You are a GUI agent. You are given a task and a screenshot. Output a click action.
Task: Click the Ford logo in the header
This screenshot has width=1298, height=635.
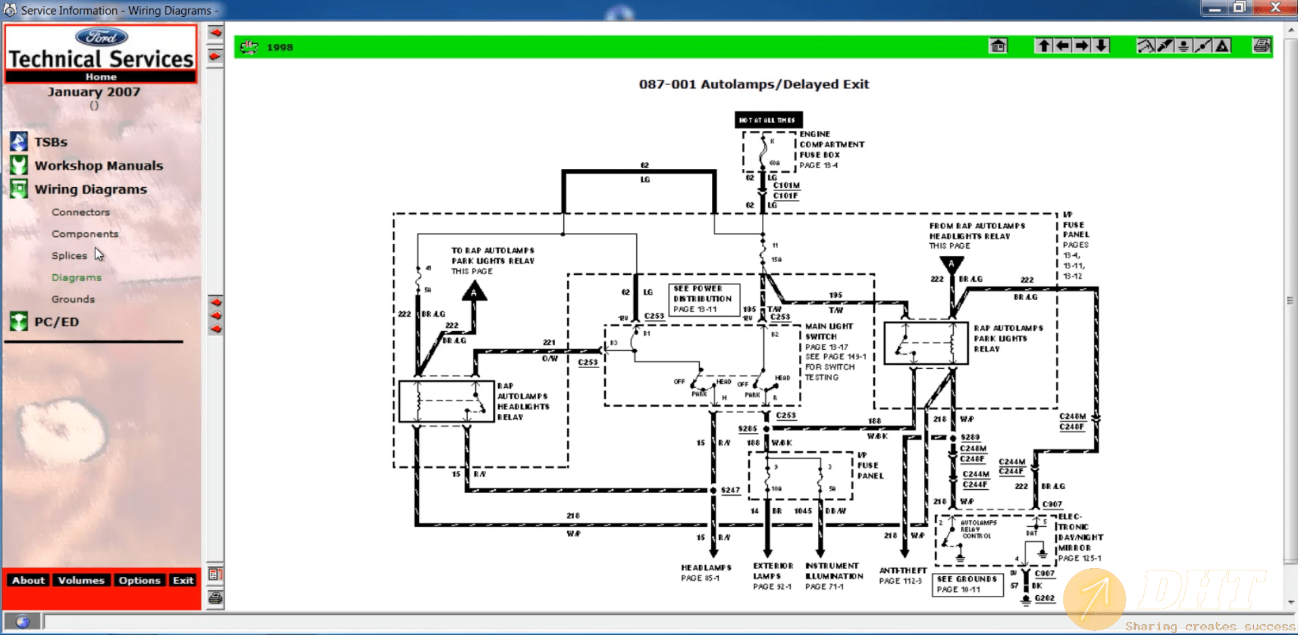pyautogui.click(x=101, y=37)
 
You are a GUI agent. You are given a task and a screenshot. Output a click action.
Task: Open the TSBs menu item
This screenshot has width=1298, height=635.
pyautogui.click(x=51, y=143)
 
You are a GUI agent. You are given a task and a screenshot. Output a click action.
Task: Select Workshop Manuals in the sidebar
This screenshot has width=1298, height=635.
pyautogui.click(x=99, y=166)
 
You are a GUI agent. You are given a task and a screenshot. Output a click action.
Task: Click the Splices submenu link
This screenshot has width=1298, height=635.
pyautogui.click(x=69, y=256)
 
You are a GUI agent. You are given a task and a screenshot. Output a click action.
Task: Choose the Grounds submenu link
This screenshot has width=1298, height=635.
pyautogui.click(x=73, y=299)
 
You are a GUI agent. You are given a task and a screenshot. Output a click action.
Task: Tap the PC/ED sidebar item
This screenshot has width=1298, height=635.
pyautogui.click(x=57, y=322)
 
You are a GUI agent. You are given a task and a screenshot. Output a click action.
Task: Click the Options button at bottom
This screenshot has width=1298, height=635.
pyautogui.click(x=139, y=580)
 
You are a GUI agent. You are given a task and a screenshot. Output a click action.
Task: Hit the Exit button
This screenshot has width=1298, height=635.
pyautogui.click(x=183, y=580)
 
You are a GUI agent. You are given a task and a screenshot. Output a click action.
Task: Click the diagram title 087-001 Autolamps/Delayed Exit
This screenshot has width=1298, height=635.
pyautogui.click(x=754, y=84)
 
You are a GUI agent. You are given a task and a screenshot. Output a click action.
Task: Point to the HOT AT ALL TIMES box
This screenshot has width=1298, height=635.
pyautogui.click(x=768, y=120)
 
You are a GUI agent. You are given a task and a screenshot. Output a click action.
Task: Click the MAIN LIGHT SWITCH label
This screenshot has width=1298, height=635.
pyautogui.click(x=829, y=331)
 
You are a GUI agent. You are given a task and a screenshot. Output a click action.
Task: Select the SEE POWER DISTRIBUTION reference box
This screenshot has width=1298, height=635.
pyautogui.click(x=703, y=299)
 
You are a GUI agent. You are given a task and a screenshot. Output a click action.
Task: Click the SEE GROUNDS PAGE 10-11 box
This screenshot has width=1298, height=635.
pyautogui.click(x=967, y=584)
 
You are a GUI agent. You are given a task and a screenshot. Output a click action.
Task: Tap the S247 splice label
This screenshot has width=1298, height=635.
pyautogui.click(x=730, y=490)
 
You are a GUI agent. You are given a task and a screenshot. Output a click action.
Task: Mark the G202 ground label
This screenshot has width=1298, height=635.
pyautogui.click(x=1044, y=598)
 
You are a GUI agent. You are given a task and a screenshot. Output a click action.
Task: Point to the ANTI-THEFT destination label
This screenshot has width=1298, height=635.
pyautogui.click(x=903, y=571)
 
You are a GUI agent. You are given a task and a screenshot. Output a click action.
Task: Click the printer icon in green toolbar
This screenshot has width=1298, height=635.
pyautogui.click(x=1261, y=46)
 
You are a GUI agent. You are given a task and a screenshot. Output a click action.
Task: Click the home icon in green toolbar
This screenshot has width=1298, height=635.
pyautogui.click(x=998, y=46)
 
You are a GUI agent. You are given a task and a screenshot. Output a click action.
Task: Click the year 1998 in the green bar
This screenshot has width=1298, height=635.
pyautogui.click(x=279, y=47)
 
